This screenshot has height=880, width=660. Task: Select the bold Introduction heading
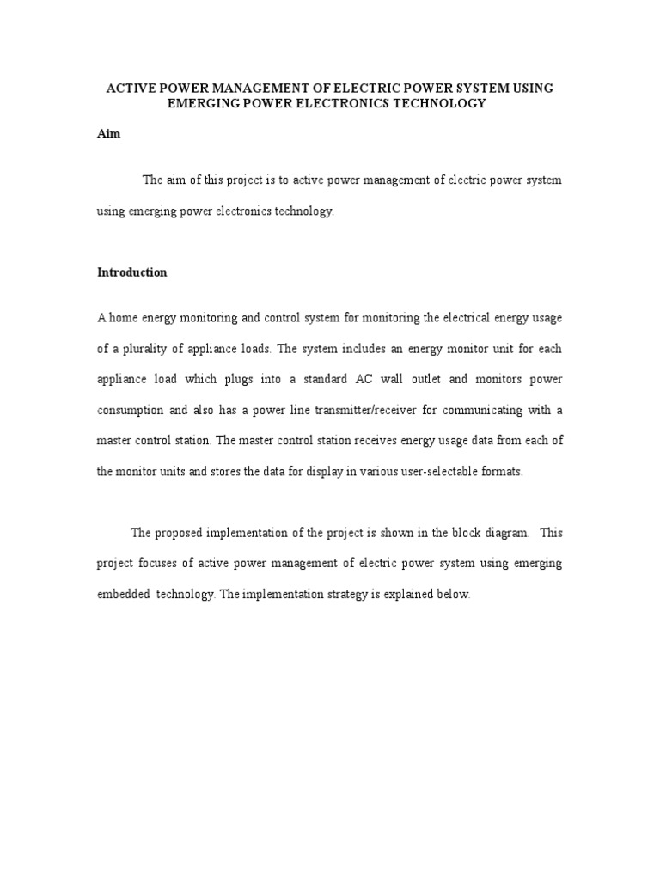pos(131,272)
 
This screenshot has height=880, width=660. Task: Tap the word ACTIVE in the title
pos(127,88)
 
